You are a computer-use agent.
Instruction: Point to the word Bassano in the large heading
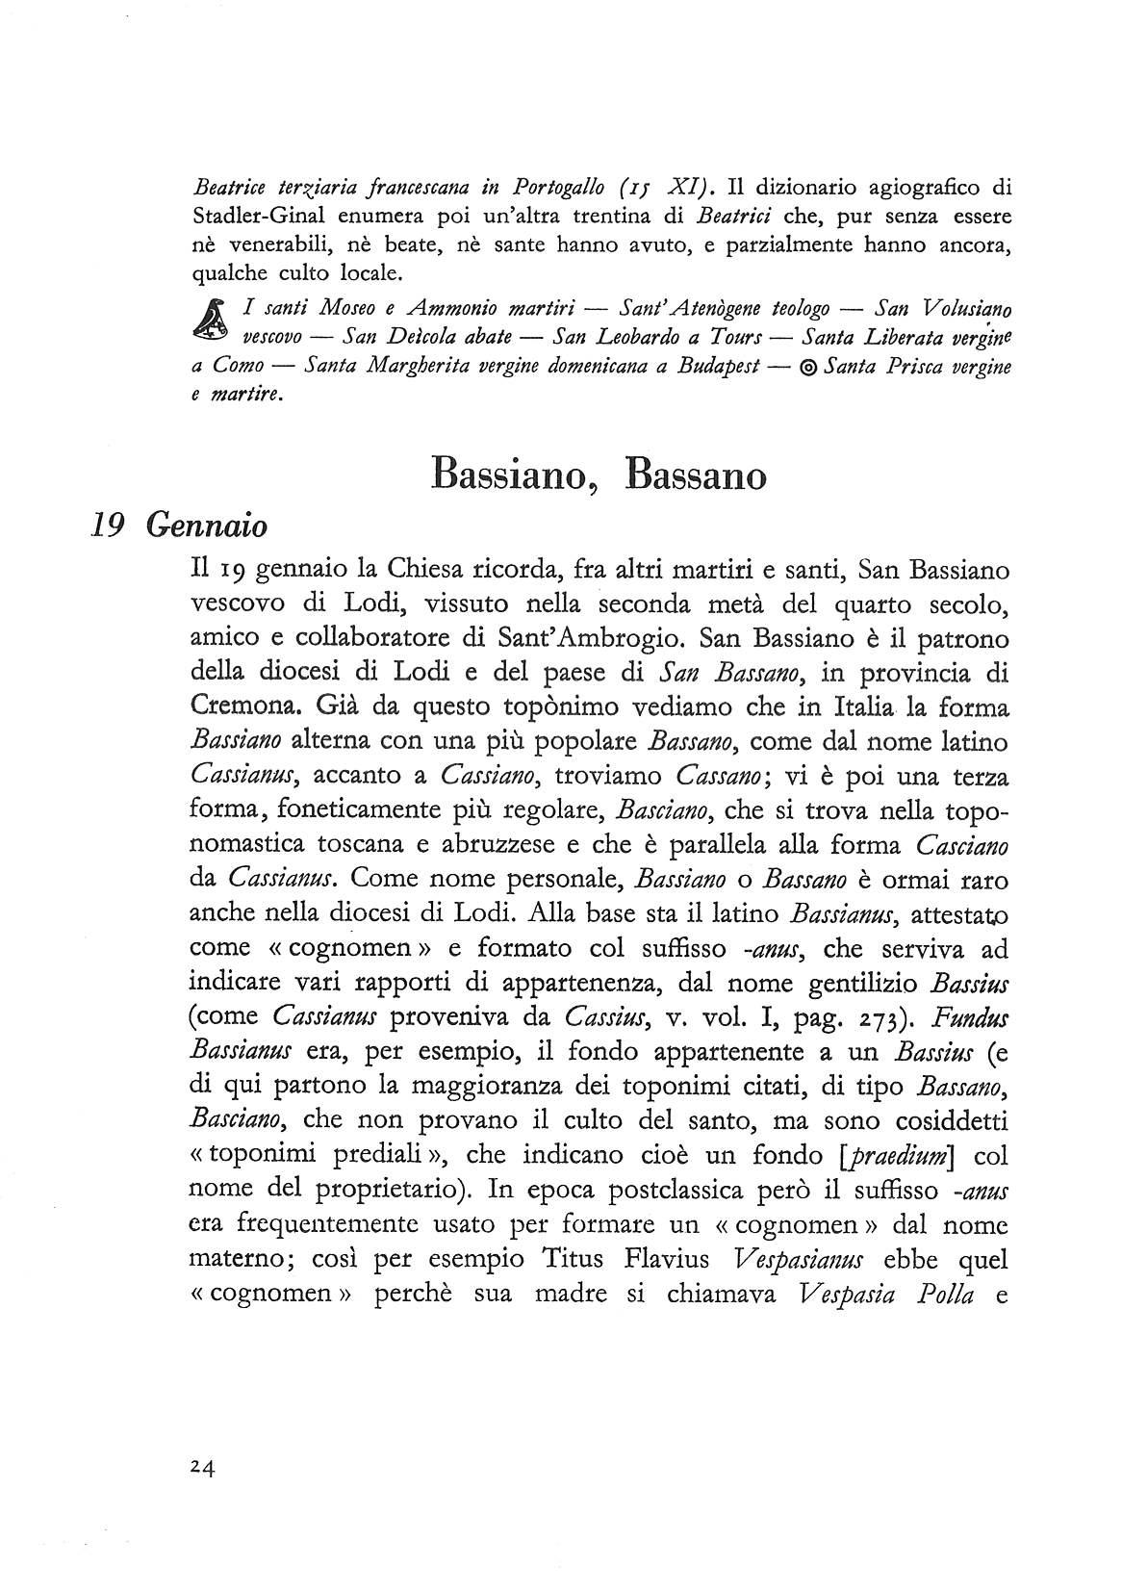[x=696, y=475]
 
